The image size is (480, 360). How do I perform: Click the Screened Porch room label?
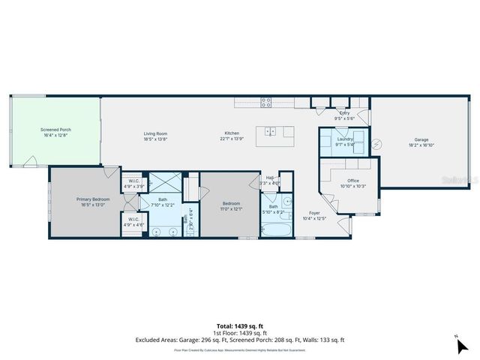55,130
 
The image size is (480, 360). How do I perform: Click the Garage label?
422,139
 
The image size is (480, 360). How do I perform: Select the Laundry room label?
344,139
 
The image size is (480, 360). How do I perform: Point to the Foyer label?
314,214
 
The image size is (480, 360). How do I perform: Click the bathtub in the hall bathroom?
274,229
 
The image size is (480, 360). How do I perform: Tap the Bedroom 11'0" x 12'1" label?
231,206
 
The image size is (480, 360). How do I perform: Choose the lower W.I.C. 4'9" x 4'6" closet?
134,221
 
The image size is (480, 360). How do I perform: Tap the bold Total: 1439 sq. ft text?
239,325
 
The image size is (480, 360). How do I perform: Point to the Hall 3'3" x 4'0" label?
269,179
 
